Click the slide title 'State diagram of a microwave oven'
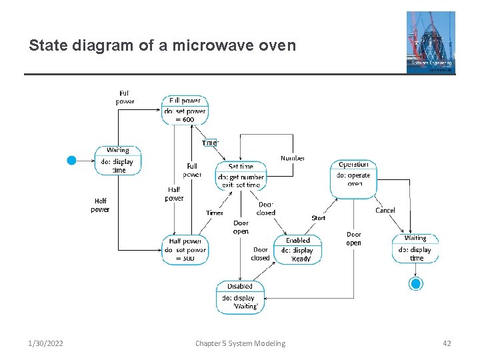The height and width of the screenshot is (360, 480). click(x=162, y=46)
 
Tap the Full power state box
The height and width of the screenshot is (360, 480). click(x=185, y=111)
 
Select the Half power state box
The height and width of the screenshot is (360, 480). click(x=185, y=250)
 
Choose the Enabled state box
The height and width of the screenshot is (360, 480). click(x=298, y=250)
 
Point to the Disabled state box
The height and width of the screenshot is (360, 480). click(x=240, y=297)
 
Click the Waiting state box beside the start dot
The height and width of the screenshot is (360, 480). click(x=118, y=161)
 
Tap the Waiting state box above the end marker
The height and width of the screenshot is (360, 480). click(x=415, y=248)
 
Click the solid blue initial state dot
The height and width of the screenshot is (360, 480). click(x=72, y=160)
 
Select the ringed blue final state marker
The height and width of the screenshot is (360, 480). click(x=416, y=284)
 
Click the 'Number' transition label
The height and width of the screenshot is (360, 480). click(x=293, y=158)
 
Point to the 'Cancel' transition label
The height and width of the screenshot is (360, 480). click(x=385, y=210)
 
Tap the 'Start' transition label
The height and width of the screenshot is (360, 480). click(x=319, y=218)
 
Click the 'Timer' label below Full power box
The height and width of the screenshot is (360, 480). click(x=209, y=143)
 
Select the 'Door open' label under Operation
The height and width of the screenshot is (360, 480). click(x=353, y=239)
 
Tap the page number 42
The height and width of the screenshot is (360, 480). click(x=447, y=343)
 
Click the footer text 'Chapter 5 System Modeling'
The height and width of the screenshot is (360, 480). click(x=240, y=343)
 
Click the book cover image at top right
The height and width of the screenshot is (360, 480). click(x=431, y=42)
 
